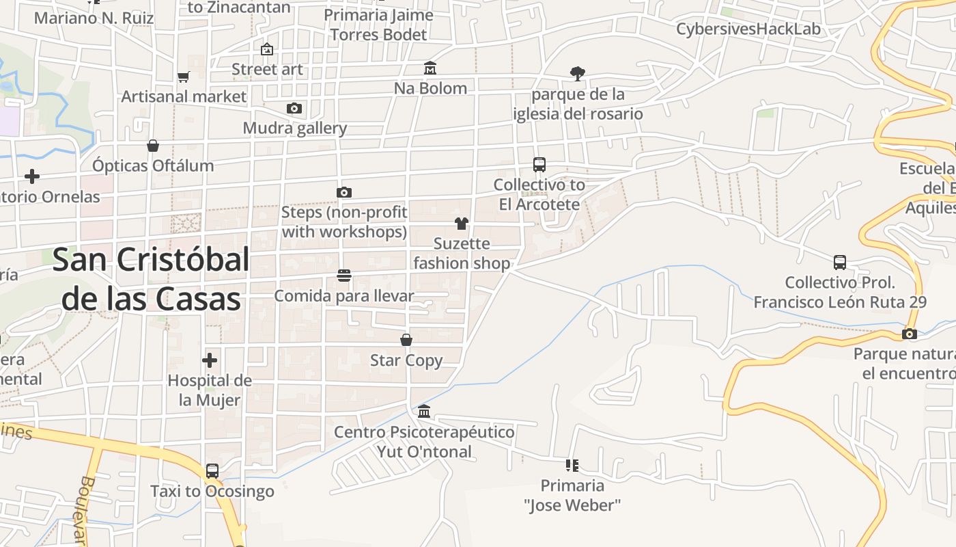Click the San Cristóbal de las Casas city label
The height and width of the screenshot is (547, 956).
[151, 279]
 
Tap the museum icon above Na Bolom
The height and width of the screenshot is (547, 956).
[430, 68]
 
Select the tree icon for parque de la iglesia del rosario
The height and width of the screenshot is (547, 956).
[578, 73]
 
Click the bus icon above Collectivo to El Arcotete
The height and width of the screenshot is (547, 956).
[539, 165]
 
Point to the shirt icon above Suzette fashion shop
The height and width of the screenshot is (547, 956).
[462, 224]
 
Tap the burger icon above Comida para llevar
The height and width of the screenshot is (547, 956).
[344, 276]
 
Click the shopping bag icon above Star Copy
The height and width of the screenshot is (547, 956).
[406, 340]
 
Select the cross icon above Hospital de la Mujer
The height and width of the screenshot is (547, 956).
[210, 360]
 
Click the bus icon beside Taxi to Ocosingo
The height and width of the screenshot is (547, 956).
[212, 470]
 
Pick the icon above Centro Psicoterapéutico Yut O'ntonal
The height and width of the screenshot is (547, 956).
[424, 411]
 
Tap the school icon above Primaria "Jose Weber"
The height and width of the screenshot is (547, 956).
[572, 466]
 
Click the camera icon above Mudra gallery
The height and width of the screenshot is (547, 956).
[294, 108]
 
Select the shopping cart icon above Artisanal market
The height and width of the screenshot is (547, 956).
[183, 77]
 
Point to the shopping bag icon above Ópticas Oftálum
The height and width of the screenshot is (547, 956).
[153, 146]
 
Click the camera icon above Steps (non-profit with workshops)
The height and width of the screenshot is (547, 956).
[344, 192]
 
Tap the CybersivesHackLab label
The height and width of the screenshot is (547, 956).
[748, 29]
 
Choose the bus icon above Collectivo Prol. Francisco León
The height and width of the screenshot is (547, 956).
[840, 263]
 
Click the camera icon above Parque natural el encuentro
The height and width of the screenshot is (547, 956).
[909, 334]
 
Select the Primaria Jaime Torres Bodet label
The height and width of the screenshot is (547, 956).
[378, 25]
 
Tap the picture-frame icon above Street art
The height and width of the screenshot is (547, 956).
[267, 49]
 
